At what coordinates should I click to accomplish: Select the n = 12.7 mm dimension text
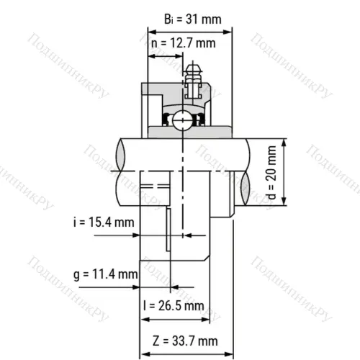coord(183,43)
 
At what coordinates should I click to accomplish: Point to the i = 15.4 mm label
coord(104,222)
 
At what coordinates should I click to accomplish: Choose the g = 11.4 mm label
coord(105,274)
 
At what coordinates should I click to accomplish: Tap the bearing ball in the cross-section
coord(184,119)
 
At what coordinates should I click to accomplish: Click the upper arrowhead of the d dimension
coord(286,143)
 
